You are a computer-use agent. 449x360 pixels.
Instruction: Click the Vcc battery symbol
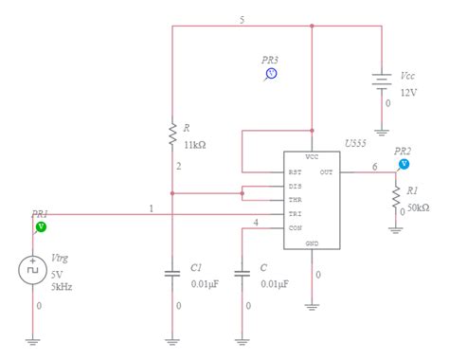(x=381, y=82)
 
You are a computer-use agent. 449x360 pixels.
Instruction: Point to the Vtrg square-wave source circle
(x=32, y=270)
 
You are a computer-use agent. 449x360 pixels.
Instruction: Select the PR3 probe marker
(x=270, y=72)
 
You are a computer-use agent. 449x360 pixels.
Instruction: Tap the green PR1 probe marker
(x=41, y=227)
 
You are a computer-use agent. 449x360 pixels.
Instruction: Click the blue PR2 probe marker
(x=404, y=163)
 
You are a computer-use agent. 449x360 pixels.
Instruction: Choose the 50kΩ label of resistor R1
(x=420, y=207)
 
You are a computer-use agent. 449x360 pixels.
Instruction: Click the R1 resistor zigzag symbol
(x=396, y=197)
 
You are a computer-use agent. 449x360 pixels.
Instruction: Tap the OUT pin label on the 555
(x=326, y=172)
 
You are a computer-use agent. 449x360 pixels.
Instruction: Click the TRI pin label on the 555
(x=296, y=214)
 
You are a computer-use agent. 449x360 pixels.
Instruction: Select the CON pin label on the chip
(x=296, y=228)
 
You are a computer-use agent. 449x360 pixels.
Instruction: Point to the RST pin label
(x=296, y=172)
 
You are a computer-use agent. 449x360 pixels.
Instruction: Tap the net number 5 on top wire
(x=242, y=20)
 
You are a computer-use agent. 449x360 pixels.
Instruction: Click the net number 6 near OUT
(x=374, y=166)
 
